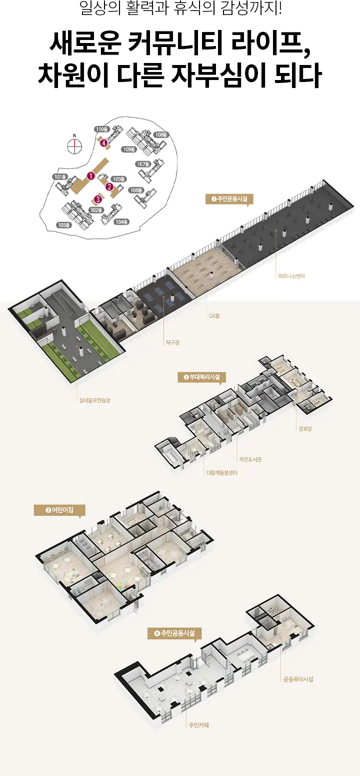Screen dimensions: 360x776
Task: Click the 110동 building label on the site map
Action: click(102, 129)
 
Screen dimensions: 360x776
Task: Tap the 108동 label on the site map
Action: click(161, 134)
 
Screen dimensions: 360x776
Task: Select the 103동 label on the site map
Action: click(64, 225)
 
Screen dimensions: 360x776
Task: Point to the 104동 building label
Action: click(121, 221)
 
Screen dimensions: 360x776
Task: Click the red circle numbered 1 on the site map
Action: click(91, 176)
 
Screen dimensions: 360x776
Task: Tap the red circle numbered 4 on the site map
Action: click(103, 142)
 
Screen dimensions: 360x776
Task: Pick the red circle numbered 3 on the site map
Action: click(98, 199)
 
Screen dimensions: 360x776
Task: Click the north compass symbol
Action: click(74, 145)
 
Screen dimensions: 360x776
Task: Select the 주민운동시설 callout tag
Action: click(229, 199)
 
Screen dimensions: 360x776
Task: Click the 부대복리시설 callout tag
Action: click(202, 377)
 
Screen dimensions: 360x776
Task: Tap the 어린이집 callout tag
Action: click(59, 510)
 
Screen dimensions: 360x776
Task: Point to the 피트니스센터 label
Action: click(291, 276)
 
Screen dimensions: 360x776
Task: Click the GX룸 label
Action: click(214, 315)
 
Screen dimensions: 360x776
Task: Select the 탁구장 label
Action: click(172, 342)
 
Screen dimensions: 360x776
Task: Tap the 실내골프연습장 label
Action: click(94, 400)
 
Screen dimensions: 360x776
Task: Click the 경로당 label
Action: click(305, 428)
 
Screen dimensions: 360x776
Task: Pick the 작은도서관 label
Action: click(250, 459)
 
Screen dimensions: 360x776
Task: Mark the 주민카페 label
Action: click(199, 724)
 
